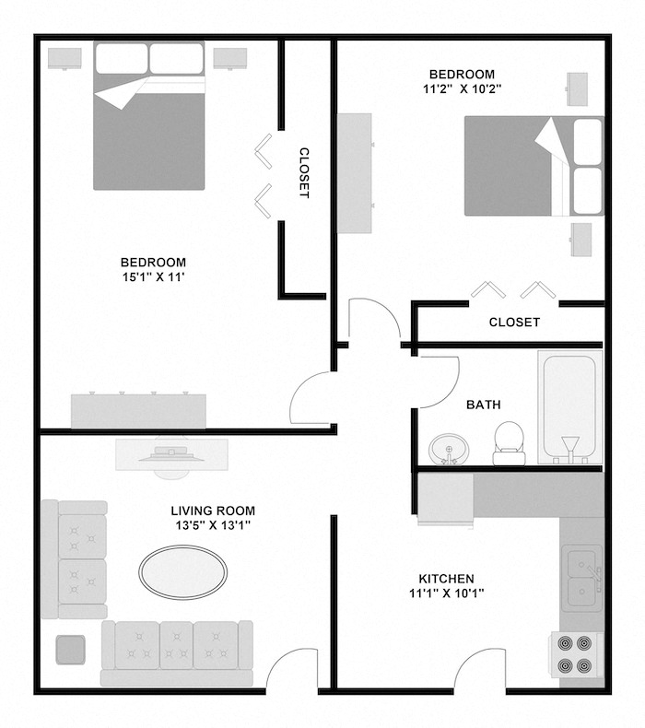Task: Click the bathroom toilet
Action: (508, 443)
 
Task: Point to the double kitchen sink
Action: (582, 577)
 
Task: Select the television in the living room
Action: (172, 453)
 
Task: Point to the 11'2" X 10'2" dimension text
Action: (462, 90)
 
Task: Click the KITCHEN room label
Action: (447, 578)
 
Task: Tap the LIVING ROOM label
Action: (213, 511)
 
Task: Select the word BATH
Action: (484, 404)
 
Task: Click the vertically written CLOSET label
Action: (303, 173)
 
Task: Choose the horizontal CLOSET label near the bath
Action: (513, 322)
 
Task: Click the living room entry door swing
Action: (294, 671)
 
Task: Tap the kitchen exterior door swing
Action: (478, 671)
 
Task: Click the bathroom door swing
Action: (439, 382)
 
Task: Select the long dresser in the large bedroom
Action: (139, 410)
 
